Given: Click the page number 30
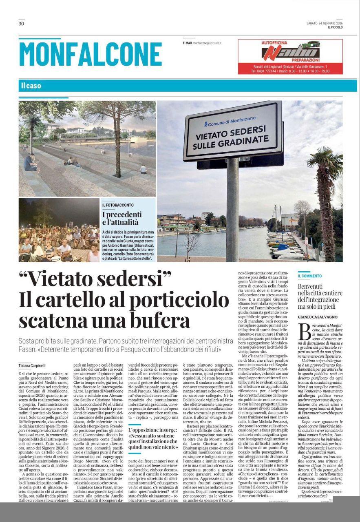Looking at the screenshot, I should tap(21, 24).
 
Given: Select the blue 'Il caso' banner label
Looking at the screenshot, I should tap(31, 86).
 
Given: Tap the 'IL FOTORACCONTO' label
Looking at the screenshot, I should tap(117, 205).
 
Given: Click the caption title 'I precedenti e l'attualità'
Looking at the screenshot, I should tap(122, 218).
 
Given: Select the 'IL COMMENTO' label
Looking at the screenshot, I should tap(309, 276).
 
